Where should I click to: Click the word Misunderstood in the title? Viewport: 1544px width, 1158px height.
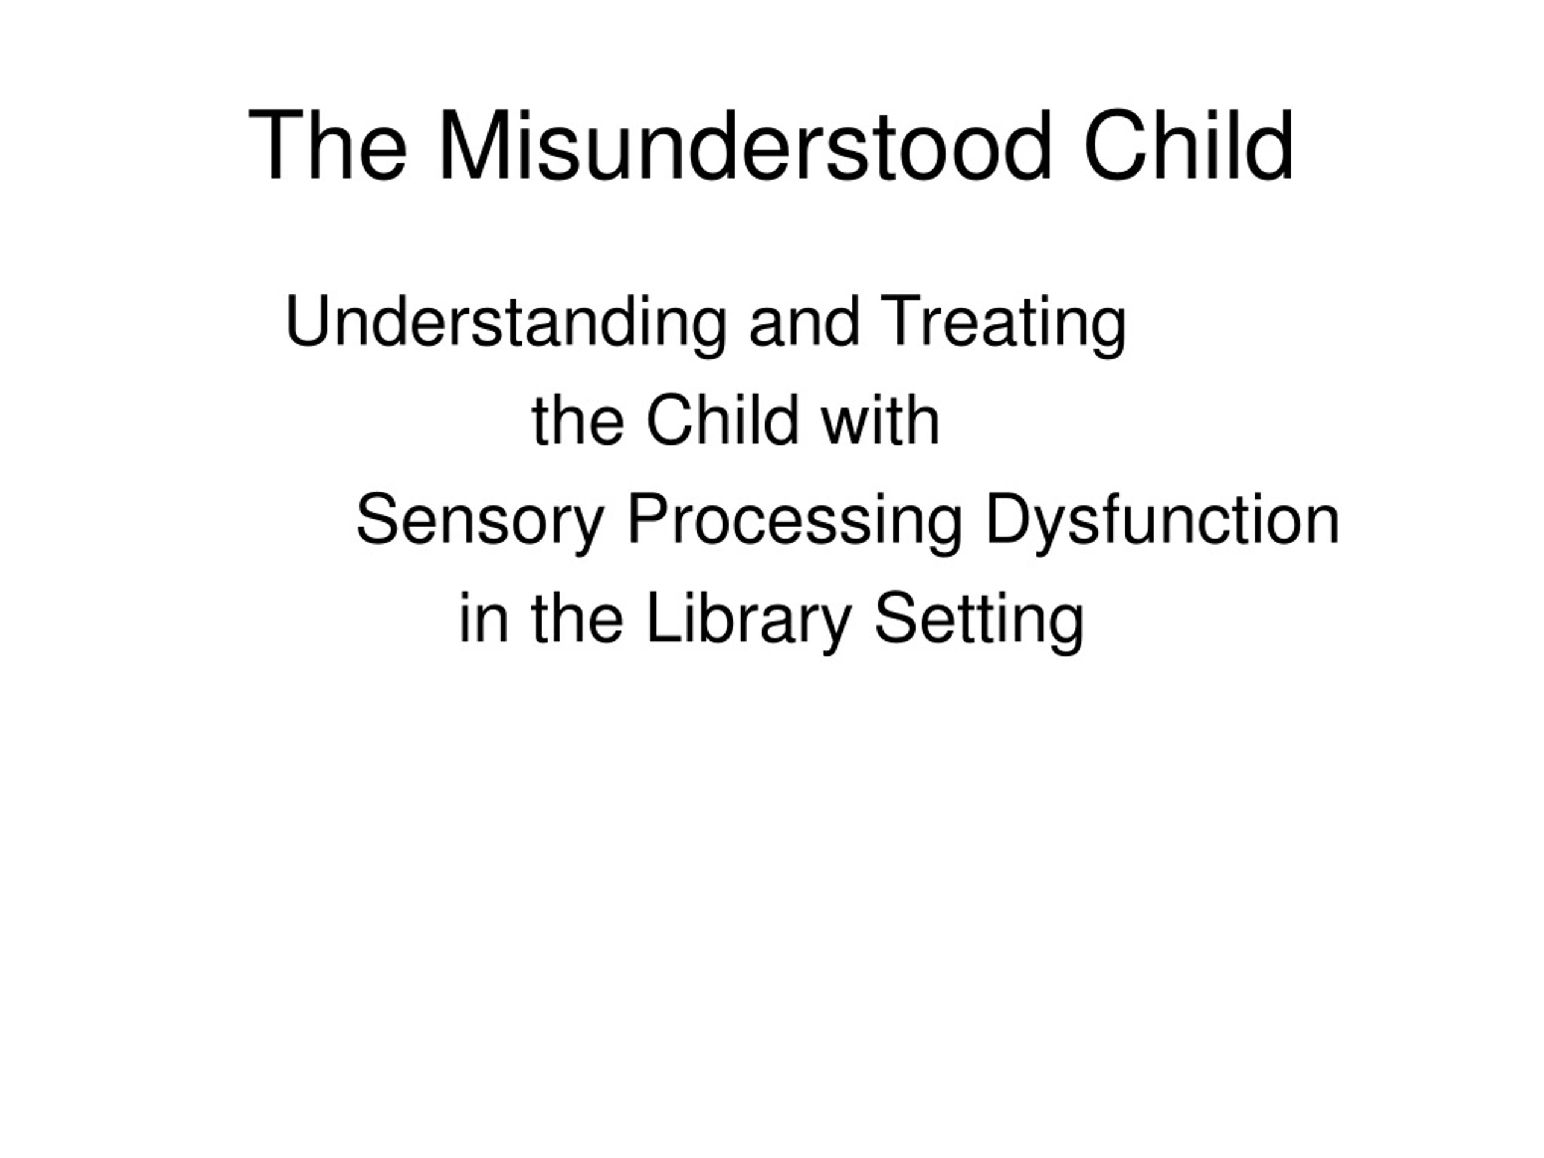[x=745, y=146]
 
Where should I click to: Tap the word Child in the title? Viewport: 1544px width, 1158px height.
[x=1188, y=146]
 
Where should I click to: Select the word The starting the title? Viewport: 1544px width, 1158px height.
[x=327, y=146]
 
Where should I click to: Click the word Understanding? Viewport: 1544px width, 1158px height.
[x=506, y=324]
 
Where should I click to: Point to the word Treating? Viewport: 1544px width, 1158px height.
[x=1003, y=324]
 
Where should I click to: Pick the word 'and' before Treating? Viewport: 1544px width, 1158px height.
[x=804, y=324]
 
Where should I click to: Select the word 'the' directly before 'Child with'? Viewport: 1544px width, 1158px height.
[x=578, y=421]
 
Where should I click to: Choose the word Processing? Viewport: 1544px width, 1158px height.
[x=795, y=520]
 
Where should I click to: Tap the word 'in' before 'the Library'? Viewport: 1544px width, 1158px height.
[x=484, y=618]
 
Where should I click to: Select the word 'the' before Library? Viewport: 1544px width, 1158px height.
[x=577, y=618]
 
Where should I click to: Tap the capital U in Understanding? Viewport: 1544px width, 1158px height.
[x=308, y=320]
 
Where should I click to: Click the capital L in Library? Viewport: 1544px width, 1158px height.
[x=665, y=616]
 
